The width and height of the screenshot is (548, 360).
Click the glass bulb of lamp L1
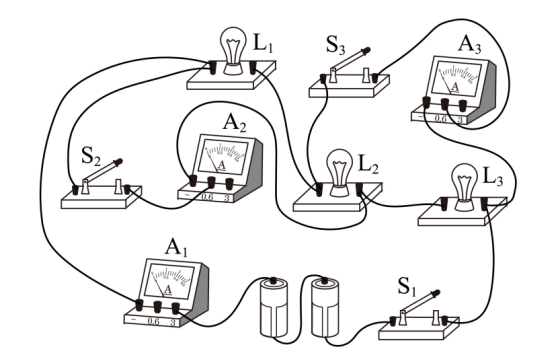pyautogui.click(x=233, y=45)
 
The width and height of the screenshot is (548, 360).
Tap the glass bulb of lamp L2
pyautogui.click(x=339, y=167)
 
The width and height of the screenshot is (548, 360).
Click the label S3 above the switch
pyautogui.click(x=336, y=45)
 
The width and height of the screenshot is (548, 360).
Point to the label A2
pyautogui.click(x=234, y=123)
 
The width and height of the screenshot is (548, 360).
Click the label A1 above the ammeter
pyautogui.click(x=176, y=247)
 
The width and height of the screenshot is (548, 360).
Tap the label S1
pyautogui.click(x=407, y=287)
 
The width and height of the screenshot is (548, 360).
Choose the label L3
pyautogui.click(x=493, y=177)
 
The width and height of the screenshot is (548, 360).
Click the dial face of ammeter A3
pyautogui.click(x=456, y=80)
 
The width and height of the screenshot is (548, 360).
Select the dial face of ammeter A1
pyautogui.click(x=169, y=282)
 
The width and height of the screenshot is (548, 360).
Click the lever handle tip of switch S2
pyautogui.click(x=118, y=162)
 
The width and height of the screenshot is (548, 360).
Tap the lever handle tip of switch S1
pyautogui.click(x=436, y=293)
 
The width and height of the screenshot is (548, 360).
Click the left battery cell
pyautogui.click(x=274, y=308)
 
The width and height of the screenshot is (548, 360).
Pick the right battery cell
pyautogui.click(x=325, y=308)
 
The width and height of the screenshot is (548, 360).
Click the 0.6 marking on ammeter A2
pyautogui.click(x=207, y=197)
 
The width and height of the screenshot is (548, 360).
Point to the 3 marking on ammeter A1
pyautogui.click(x=173, y=322)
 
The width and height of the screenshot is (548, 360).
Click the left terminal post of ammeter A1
pyautogui.click(x=139, y=304)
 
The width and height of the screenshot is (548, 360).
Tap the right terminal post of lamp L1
pyautogui.click(x=253, y=67)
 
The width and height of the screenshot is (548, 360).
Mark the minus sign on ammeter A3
pyautogui.click(x=420, y=116)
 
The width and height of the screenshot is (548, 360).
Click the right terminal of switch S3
pyautogui.click(x=375, y=78)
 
